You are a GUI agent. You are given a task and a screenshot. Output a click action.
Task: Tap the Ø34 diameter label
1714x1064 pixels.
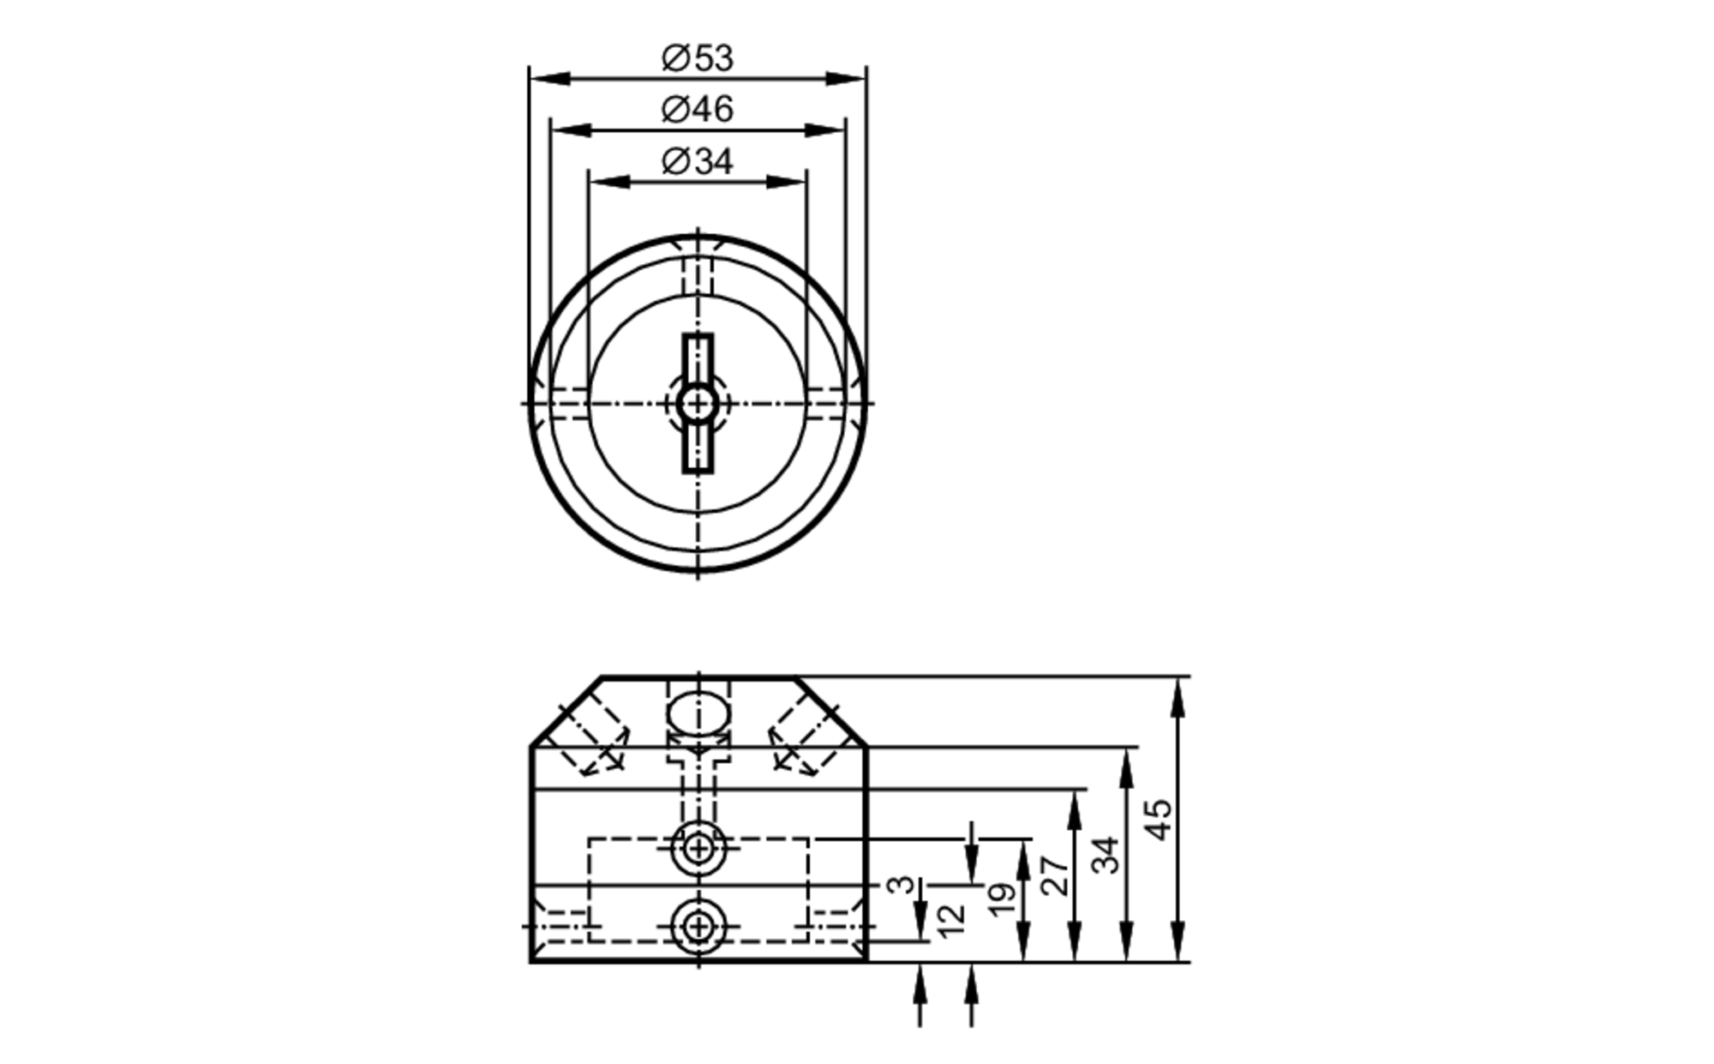click(698, 162)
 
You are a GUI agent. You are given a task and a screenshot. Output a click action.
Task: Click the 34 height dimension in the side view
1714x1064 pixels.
click(1106, 855)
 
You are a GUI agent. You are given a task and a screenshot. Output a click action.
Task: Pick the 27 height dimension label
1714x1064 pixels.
click(1056, 875)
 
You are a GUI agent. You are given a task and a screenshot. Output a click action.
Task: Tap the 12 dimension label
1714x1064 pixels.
click(951, 920)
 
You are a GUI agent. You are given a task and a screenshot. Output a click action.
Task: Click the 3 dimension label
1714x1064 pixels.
click(901, 884)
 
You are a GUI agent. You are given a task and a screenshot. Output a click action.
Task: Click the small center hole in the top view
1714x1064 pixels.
click(698, 403)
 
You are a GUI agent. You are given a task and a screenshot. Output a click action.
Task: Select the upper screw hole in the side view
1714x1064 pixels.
click(699, 849)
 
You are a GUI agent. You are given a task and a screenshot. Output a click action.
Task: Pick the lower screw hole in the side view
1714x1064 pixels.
click(699, 926)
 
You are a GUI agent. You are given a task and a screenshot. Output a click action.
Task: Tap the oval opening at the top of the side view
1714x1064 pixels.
click(699, 711)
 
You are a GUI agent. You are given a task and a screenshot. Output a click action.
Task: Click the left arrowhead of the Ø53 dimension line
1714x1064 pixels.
click(548, 79)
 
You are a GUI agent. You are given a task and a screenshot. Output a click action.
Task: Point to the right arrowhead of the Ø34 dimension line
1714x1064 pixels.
click(787, 182)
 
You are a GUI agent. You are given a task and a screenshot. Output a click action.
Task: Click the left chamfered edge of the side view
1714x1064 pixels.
click(566, 712)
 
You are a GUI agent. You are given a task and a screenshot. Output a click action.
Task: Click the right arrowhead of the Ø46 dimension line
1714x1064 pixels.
click(826, 130)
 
